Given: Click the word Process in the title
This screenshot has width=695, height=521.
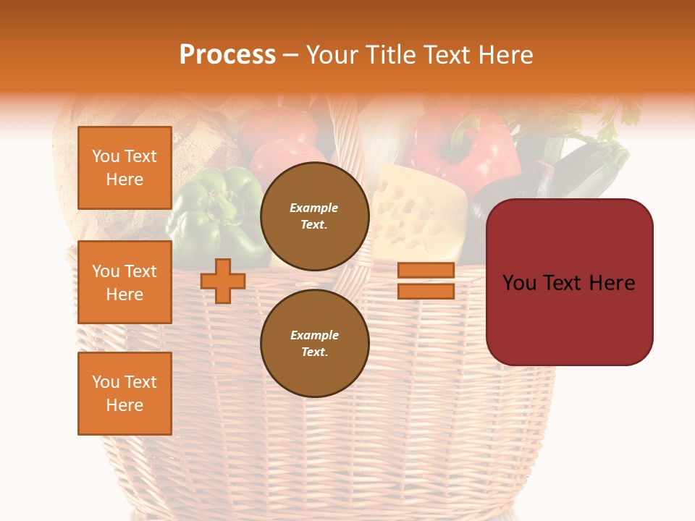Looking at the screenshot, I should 227,55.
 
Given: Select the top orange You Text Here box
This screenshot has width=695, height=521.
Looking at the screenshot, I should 125,168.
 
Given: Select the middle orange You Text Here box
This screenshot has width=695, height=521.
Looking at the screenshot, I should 125,282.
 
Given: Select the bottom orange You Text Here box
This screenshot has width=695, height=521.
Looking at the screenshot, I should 125,394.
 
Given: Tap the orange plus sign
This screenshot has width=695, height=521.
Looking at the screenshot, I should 223,281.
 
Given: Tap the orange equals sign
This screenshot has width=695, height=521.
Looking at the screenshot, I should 426,281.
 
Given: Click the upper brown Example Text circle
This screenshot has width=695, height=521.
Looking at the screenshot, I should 314,216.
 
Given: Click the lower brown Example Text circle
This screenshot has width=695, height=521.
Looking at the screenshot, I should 314,343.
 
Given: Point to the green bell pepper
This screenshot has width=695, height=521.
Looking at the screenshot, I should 217,210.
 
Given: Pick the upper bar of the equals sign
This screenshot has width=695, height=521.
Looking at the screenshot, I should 426,270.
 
